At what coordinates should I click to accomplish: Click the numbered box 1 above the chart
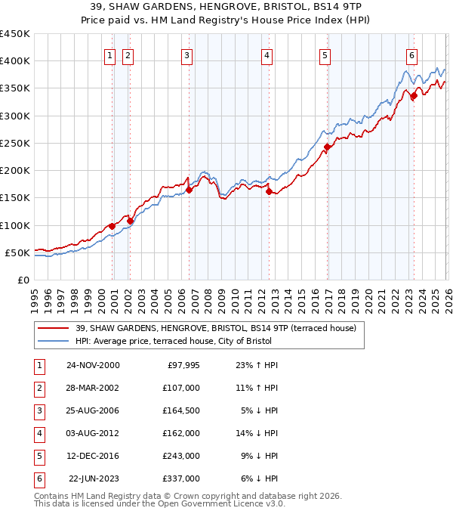tap(109, 55)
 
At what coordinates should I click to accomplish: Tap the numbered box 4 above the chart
tap(267, 55)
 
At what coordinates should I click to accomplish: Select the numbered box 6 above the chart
tap(411, 55)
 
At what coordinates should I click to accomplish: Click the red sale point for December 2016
tap(327, 147)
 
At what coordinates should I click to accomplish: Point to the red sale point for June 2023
tap(414, 96)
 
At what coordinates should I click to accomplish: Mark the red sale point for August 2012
tap(269, 191)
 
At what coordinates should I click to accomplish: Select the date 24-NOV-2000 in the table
tap(93, 365)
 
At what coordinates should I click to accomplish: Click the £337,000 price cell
tap(182, 478)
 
